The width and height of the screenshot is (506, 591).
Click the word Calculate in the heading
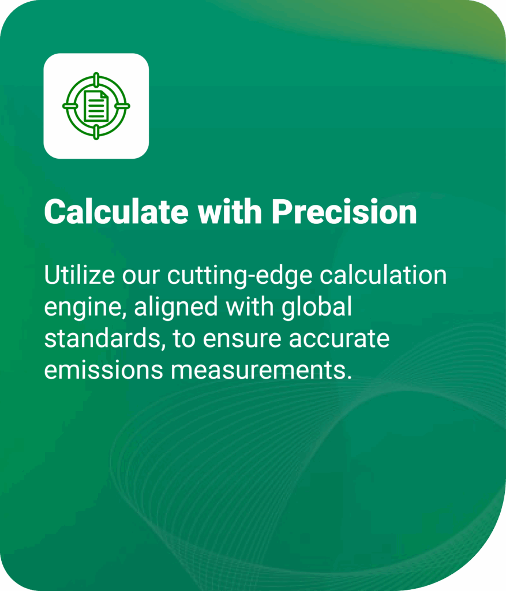tap(116, 212)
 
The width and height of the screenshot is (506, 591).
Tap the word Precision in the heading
tap(344, 212)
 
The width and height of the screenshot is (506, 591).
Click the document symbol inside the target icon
tap(96, 106)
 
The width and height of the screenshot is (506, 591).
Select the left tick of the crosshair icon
tap(69, 106)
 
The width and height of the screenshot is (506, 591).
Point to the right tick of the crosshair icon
tap(124, 106)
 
